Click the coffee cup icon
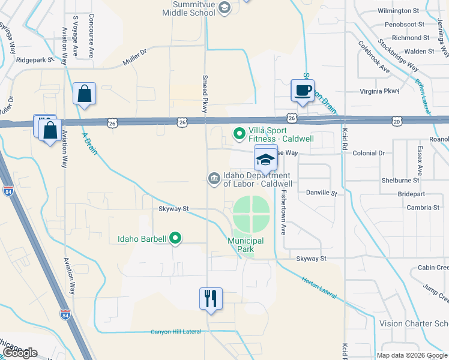click(x=303, y=91)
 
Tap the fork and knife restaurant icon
click(x=211, y=298)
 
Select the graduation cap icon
click(x=266, y=160)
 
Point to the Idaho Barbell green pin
click(x=175, y=239)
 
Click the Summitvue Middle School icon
click(x=224, y=8)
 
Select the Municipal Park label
click(x=245, y=241)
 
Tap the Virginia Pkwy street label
click(x=379, y=91)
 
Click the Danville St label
click(x=322, y=193)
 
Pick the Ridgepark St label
click(x=35, y=60)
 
